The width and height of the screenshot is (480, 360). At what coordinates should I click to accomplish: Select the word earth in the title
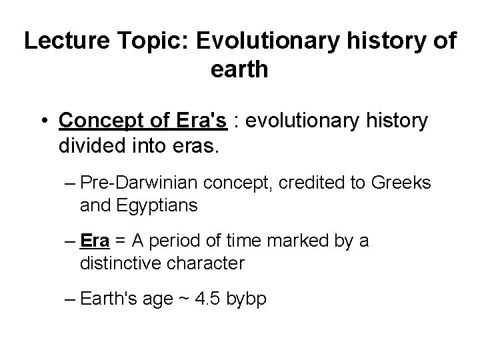(239, 69)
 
